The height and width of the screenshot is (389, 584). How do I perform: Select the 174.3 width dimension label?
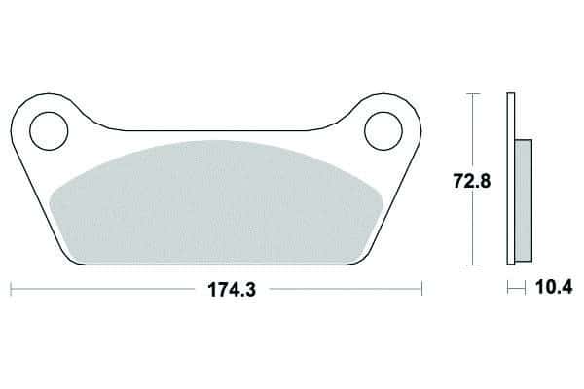tap(232, 290)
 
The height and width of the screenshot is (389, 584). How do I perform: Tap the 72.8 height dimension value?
tap(472, 181)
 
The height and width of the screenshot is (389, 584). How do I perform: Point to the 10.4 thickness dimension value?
tap(554, 287)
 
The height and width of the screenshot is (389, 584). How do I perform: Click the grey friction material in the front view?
tap(216, 203)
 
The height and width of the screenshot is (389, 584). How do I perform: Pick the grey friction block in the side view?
tap(524, 201)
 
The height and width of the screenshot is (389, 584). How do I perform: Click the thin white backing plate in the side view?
tap(511, 179)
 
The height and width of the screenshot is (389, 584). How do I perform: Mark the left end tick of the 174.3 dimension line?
tap(11, 289)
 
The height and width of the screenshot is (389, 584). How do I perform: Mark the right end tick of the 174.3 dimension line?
tap(421, 289)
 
